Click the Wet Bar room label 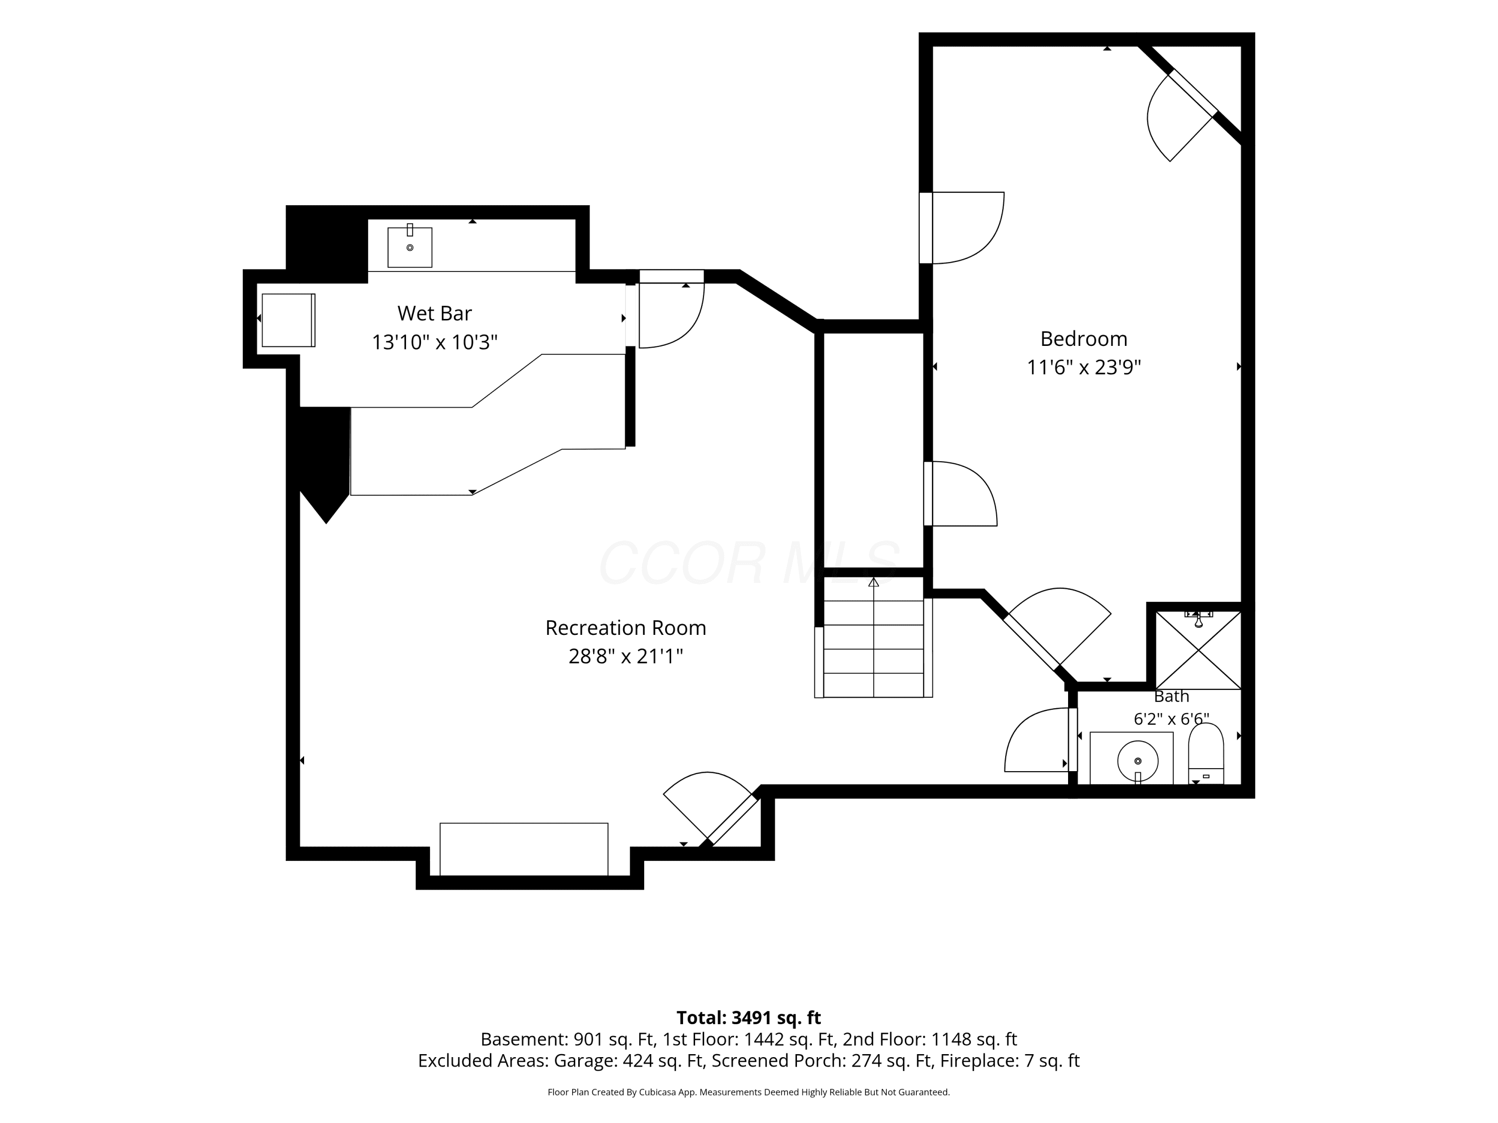[x=434, y=313]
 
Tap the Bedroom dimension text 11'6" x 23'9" [x=1084, y=367]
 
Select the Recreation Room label [x=626, y=628]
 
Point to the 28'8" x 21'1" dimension [x=626, y=657]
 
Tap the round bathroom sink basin [x=1137, y=761]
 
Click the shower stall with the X [x=1198, y=650]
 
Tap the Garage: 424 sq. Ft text [x=629, y=1061]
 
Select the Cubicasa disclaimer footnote [x=749, y=1092]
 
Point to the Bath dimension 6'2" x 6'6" [x=1171, y=719]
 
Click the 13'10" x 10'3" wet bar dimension [x=434, y=342]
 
